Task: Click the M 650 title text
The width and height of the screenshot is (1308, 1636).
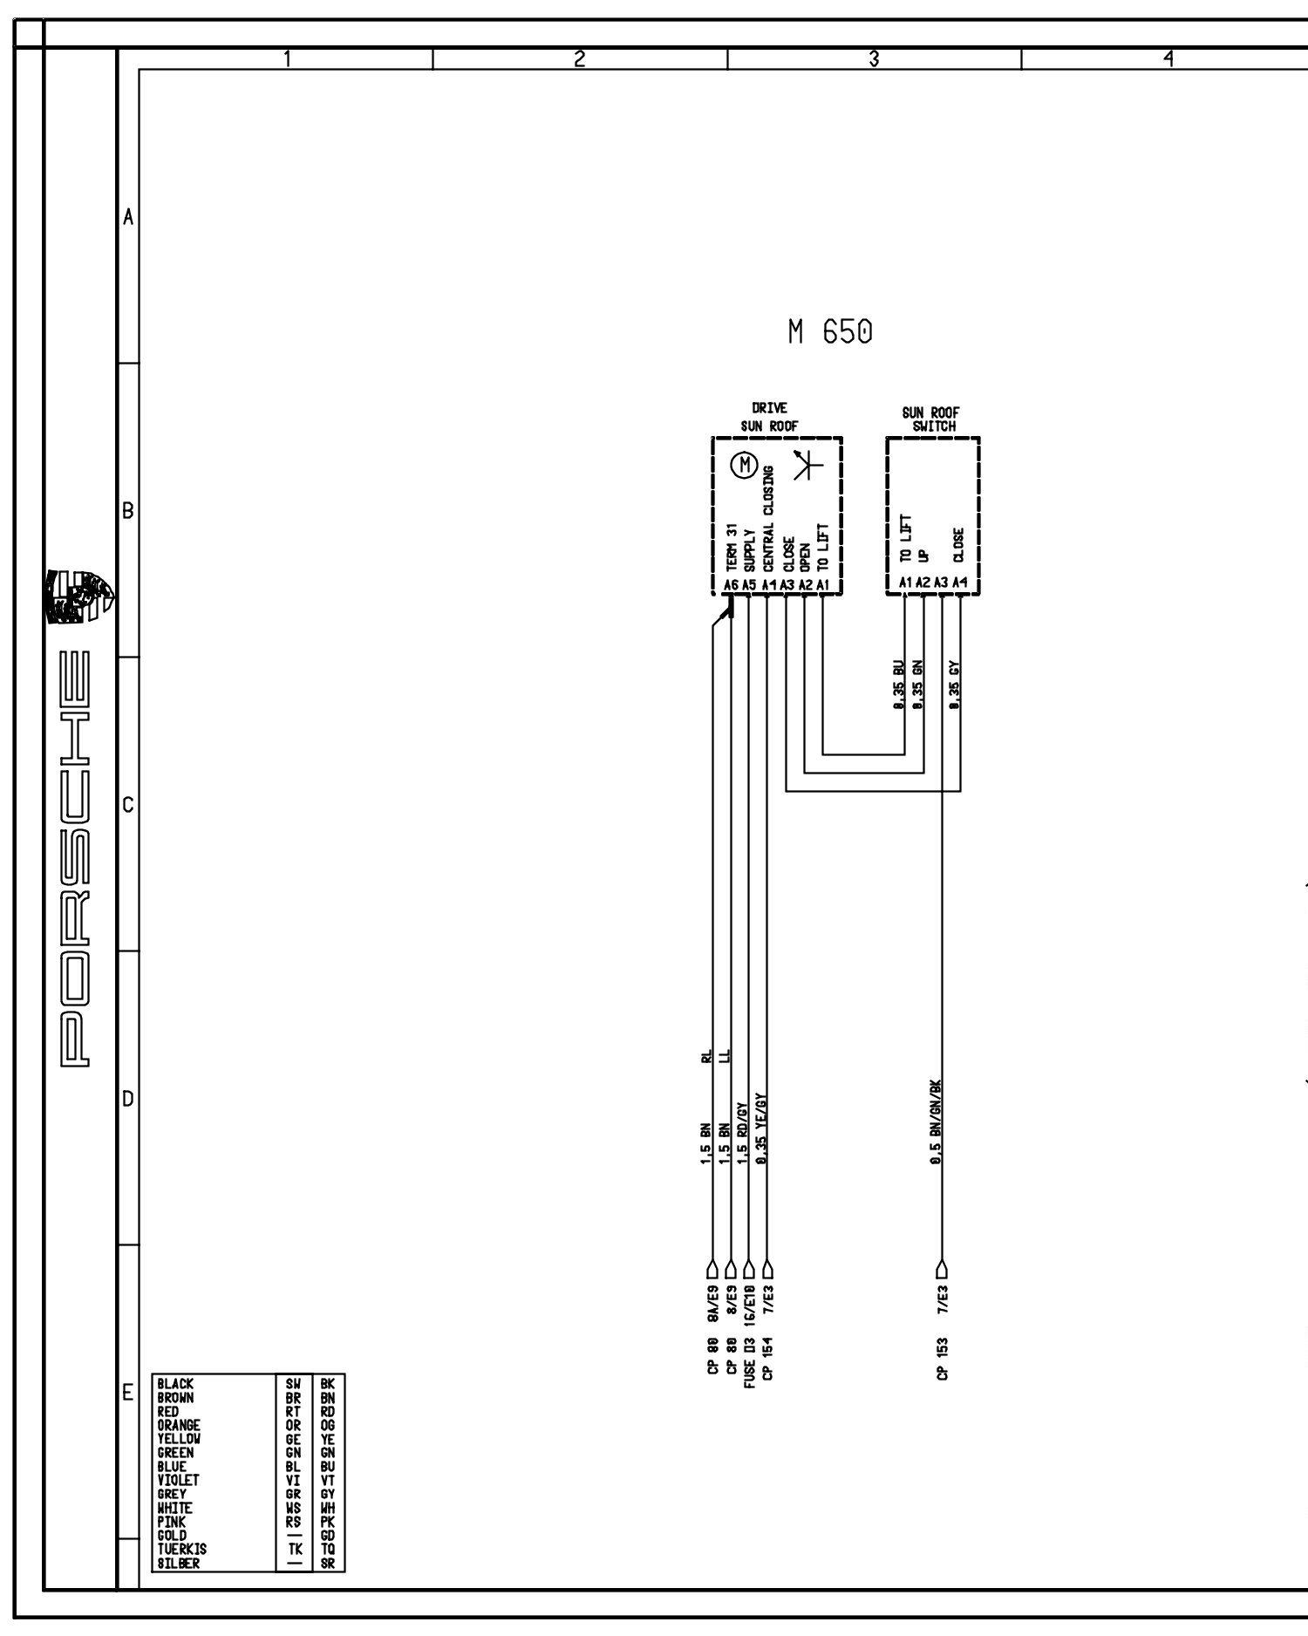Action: point(829,332)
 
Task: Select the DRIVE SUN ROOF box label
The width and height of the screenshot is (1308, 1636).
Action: point(769,418)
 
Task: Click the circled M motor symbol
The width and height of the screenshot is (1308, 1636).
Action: point(745,466)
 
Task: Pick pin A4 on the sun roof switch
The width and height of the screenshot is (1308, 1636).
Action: point(960,582)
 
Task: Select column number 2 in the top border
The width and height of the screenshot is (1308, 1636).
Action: point(579,58)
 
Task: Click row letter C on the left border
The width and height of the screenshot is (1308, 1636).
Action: point(128,804)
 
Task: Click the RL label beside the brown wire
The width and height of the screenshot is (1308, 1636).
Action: point(705,1057)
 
